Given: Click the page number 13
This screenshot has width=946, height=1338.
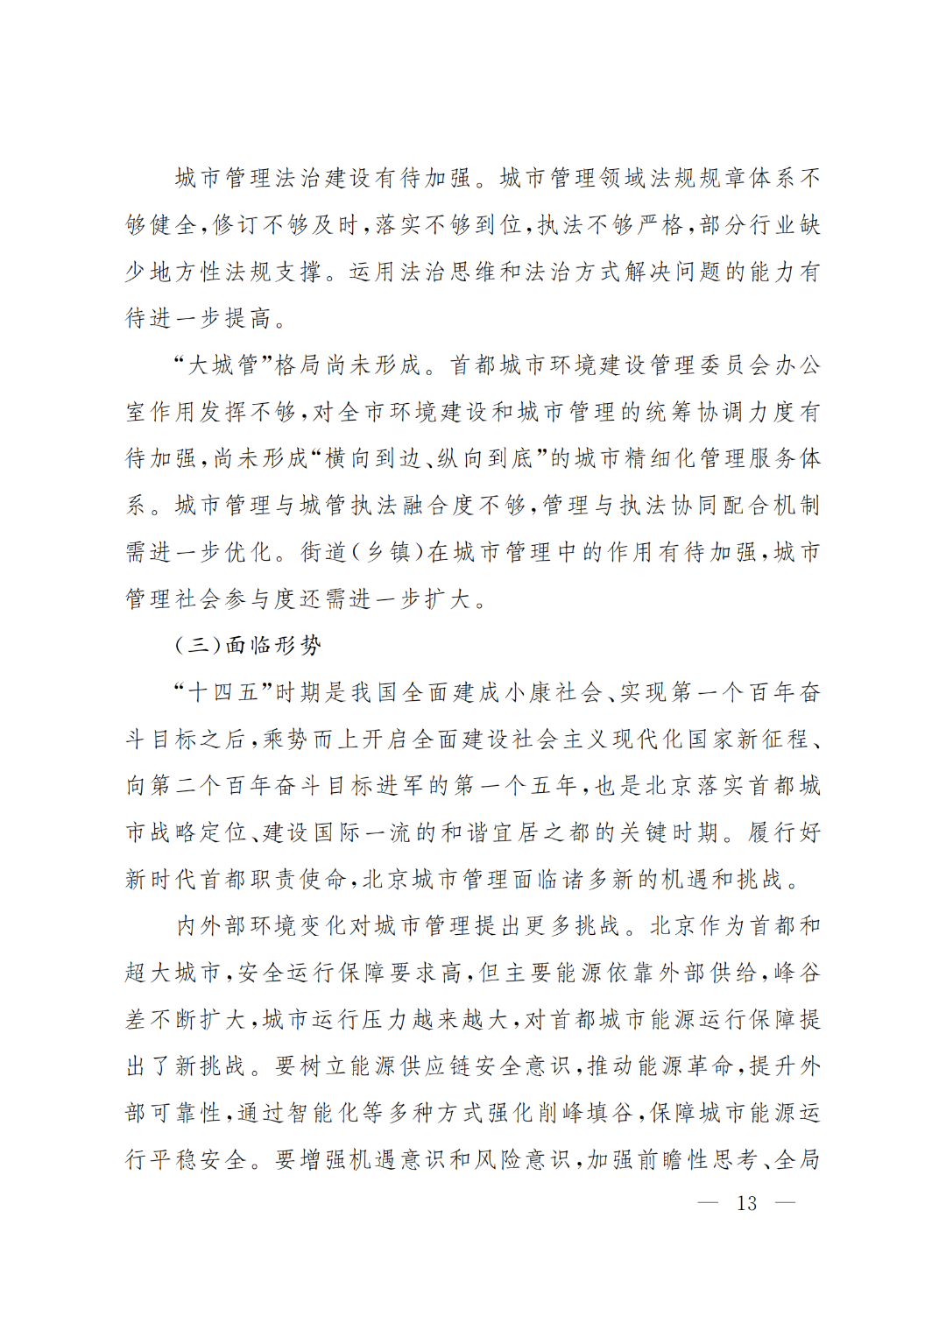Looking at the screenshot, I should point(746,1203).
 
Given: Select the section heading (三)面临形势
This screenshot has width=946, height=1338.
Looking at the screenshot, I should point(248,646).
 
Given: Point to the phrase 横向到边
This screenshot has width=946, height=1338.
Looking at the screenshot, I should point(360,458).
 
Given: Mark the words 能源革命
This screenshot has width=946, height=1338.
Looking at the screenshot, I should point(686,1066).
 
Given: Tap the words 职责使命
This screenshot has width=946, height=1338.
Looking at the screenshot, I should point(299,880).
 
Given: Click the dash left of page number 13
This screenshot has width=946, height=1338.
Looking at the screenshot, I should point(708,1203).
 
